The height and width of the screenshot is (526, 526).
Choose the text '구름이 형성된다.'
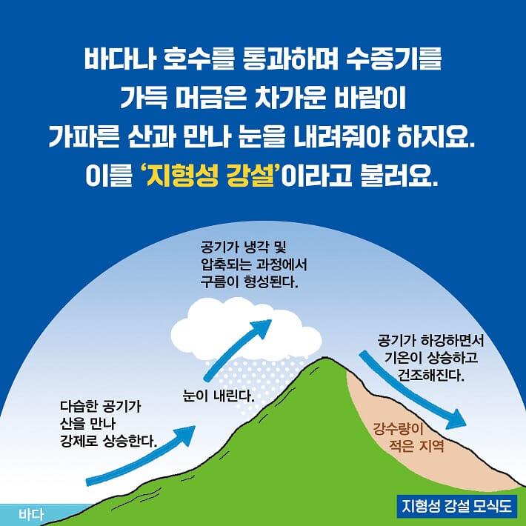tap(248, 282)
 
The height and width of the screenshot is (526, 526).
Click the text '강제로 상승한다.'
tap(108, 442)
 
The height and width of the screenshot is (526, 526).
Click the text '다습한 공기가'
tap(100, 407)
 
